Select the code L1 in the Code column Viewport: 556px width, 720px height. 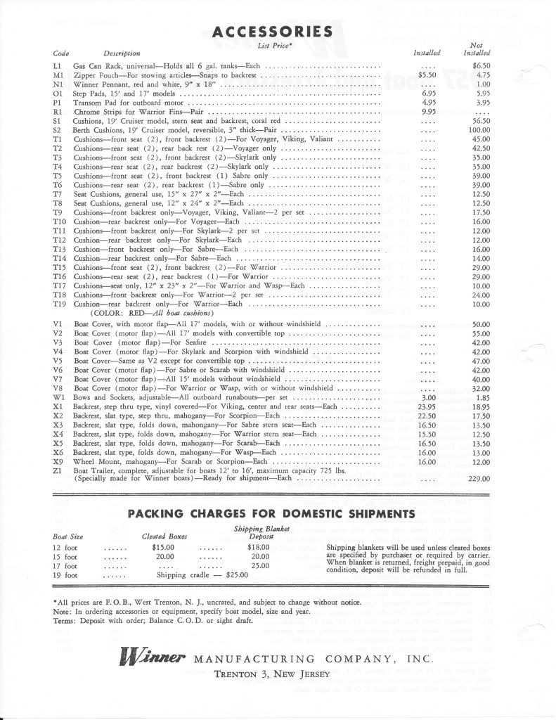coord(57,65)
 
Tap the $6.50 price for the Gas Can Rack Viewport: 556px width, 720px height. coord(480,65)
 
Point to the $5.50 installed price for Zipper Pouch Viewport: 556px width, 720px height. coord(427,75)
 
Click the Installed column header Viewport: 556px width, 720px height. coord(427,53)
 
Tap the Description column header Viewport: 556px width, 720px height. coord(122,53)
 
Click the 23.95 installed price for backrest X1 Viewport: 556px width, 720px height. coord(427,406)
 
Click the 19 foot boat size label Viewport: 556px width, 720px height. coord(65,574)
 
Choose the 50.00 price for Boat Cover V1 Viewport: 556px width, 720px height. coord(480,323)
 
